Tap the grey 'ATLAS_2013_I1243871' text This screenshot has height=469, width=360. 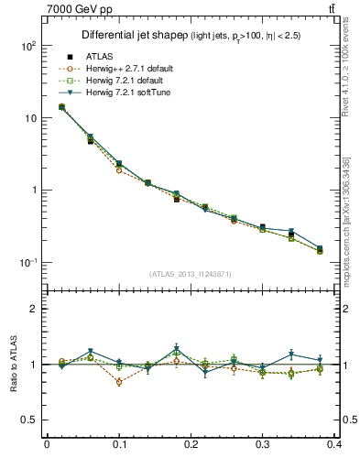[x=191, y=275]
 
